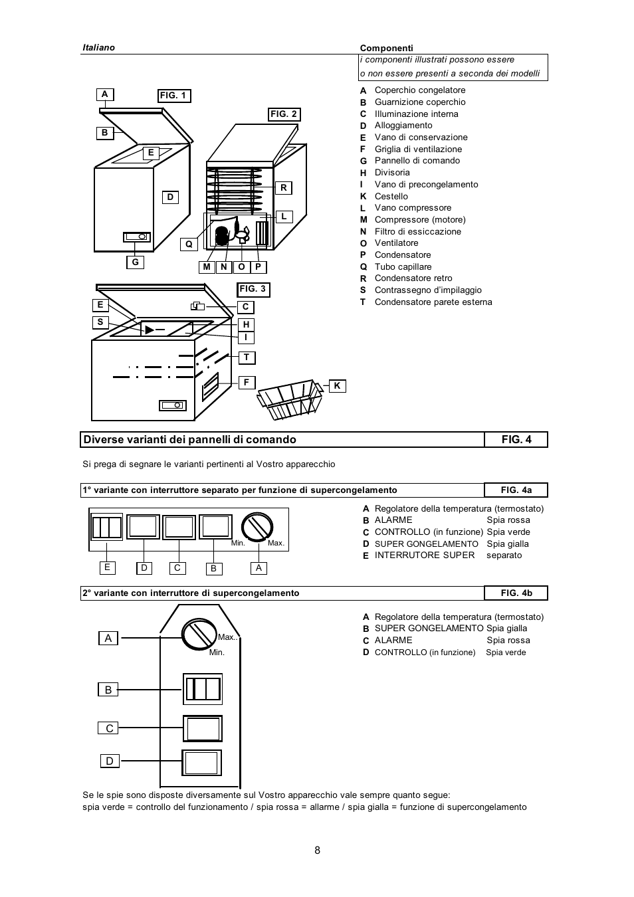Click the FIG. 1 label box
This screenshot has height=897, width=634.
tap(174, 96)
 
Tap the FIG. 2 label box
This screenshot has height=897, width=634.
tap(284, 114)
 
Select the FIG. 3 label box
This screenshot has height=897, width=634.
tap(253, 289)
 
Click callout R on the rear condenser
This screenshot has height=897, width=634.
tap(284, 188)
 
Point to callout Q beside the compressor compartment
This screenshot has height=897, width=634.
tap(189, 245)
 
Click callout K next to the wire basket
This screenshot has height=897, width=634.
tap(337, 386)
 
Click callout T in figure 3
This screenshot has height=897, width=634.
tap(247, 357)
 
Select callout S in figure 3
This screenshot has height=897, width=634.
tap(100, 322)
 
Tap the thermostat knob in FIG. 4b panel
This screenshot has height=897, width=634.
tap(199, 633)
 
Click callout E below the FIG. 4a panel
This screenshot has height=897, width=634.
tap(108, 568)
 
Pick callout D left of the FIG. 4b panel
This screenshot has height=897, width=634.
tap(110, 761)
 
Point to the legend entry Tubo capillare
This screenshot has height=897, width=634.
tap(403, 266)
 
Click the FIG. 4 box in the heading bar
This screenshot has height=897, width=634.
tap(516, 440)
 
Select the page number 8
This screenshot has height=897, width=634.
tap(317, 850)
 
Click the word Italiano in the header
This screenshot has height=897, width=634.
tap(98, 48)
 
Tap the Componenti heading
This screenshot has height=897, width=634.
tap(387, 48)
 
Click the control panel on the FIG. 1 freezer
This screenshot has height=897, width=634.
tap(137, 237)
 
